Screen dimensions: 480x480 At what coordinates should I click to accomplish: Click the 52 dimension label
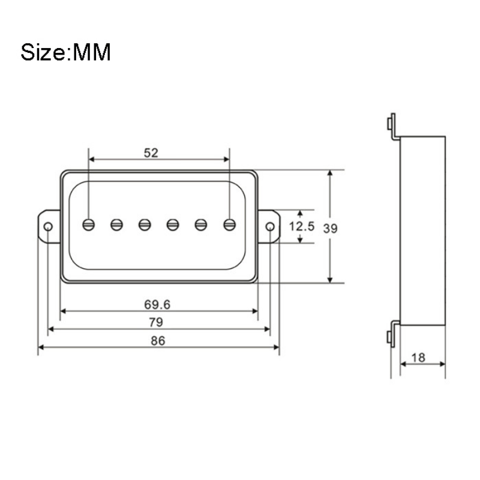pyautogui.click(x=151, y=153)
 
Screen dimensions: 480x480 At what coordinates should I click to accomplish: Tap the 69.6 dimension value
pyautogui.click(x=157, y=305)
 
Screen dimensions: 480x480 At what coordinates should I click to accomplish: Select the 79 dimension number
pyautogui.click(x=156, y=322)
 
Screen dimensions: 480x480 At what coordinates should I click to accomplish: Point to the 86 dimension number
pyautogui.click(x=158, y=341)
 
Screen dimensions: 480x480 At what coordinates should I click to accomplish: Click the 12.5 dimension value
pyautogui.click(x=302, y=227)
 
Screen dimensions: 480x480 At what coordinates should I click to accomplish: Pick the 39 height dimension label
pyautogui.click(x=331, y=229)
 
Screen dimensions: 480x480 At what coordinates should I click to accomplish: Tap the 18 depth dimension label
pyautogui.click(x=418, y=358)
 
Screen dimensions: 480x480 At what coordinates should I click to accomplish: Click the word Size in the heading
pyautogui.click(x=43, y=52)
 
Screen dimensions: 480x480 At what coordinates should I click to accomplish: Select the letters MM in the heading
pyautogui.click(x=91, y=53)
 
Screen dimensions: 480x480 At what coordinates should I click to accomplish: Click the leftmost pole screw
pyautogui.click(x=88, y=225)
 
